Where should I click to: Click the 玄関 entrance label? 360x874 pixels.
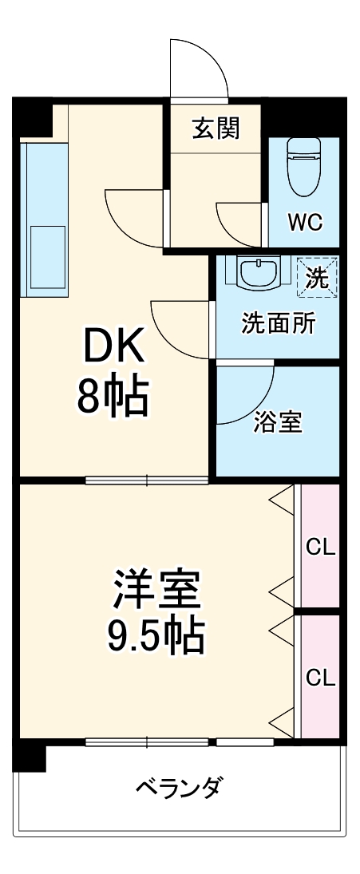click(216, 128)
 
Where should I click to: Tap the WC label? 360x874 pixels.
click(305, 223)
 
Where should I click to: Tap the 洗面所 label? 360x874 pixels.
click(278, 323)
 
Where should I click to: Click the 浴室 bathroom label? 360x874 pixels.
click(278, 423)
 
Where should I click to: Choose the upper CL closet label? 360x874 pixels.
click(321, 548)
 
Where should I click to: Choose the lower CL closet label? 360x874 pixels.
click(321, 678)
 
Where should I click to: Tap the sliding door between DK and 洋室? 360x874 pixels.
click(147, 481)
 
